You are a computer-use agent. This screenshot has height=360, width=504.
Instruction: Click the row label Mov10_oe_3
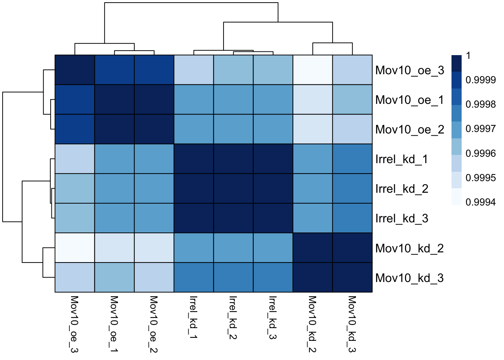click(x=409, y=70)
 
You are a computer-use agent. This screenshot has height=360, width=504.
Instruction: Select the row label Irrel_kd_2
click(x=402, y=189)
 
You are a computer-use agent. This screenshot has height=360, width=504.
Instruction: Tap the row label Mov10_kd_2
click(x=409, y=248)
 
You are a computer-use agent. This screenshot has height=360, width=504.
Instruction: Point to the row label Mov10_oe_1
click(x=409, y=100)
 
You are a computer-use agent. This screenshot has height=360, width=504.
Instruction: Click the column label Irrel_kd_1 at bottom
click(x=193, y=317)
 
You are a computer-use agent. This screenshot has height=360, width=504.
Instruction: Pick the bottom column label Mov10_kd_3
click(x=352, y=324)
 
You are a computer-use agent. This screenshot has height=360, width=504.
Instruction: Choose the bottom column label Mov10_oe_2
click(x=153, y=324)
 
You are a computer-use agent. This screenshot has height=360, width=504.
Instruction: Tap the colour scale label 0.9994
click(x=480, y=202)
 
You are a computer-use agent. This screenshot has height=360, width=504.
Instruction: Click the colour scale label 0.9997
click(x=480, y=129)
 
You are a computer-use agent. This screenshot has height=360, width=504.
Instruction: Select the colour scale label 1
click(x=468, y=56)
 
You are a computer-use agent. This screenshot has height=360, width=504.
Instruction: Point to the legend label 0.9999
click(x=480, y=80)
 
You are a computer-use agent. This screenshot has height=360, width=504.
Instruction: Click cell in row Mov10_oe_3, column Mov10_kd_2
click(x=313, y=70)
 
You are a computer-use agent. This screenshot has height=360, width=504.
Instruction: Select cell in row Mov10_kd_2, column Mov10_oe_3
click(x=75, y=248)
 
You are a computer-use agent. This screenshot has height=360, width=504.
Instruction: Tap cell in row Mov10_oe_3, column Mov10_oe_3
click(x=75, y=70)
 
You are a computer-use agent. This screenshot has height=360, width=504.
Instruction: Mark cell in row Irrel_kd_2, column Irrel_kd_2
click(x=233, y=189)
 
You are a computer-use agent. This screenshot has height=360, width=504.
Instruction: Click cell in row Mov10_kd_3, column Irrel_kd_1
click(x=193, y=277)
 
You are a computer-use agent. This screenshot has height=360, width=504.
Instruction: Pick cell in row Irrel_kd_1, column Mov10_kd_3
click(x=352, y=159)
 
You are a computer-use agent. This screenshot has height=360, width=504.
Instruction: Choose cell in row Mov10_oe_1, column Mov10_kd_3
click(x=352, y=100)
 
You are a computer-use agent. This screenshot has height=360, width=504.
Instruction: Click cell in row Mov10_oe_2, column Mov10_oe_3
click(x=75, y=129)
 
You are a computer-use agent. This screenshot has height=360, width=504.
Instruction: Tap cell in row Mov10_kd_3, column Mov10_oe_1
click(x=114, y=277)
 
